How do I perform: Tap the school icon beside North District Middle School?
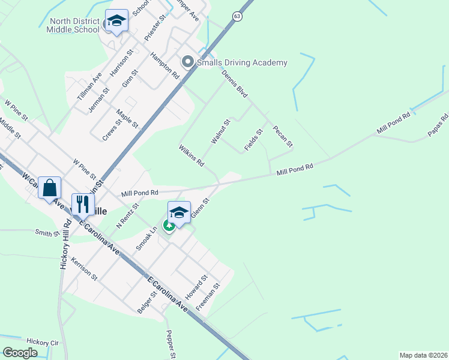116,21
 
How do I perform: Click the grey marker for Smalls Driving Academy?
187,62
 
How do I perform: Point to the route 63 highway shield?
238,17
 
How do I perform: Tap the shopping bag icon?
50,188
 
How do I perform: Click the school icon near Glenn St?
179,212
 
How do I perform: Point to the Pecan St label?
282,136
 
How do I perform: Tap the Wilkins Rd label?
191,155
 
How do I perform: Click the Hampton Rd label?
164,65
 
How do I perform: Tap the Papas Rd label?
439,125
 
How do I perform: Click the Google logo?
20,352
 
